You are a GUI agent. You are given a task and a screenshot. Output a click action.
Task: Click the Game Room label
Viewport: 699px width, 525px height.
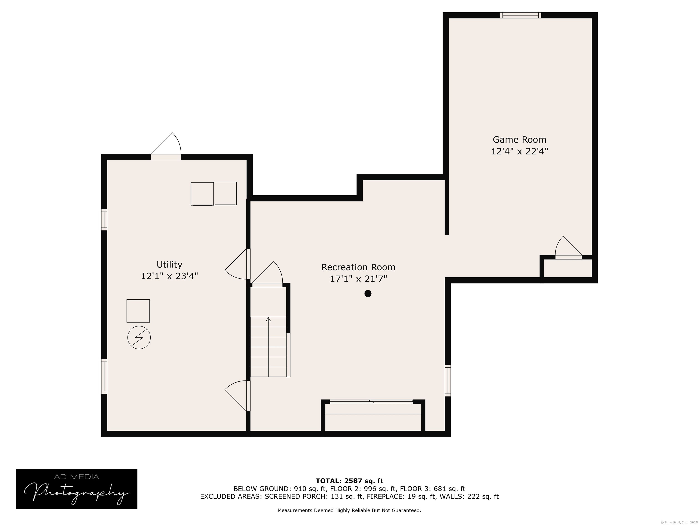(519, 139)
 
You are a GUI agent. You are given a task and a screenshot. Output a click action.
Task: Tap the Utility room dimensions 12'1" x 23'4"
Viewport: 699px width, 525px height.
(169, 276)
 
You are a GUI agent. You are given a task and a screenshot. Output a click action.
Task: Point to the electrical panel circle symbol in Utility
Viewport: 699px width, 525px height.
(139, 338)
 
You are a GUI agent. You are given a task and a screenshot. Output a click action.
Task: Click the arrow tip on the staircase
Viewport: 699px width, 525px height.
(268, 318)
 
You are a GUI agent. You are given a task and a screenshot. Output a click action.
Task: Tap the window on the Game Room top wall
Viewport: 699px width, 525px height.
(520, 15)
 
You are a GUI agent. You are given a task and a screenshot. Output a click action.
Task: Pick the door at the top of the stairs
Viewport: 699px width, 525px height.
(267, 274)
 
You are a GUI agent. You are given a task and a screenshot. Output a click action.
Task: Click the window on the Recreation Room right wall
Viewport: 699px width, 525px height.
(448, 380)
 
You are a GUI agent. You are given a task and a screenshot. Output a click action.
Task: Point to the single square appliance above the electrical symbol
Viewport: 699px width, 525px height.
(138, 311)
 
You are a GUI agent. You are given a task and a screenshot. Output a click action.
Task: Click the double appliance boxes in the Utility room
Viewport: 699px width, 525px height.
(214, 194)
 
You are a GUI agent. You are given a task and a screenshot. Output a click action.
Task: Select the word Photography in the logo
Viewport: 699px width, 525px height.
(77, 493)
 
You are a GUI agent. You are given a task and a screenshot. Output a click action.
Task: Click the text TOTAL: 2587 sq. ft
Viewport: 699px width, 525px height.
(349, 481)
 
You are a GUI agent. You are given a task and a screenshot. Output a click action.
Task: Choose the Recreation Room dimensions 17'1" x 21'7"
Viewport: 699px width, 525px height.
(358, 279)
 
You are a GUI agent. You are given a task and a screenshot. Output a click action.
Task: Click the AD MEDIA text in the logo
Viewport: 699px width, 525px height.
(76, 477)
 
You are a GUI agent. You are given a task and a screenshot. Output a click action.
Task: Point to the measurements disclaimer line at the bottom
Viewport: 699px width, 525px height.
(349, 510)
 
